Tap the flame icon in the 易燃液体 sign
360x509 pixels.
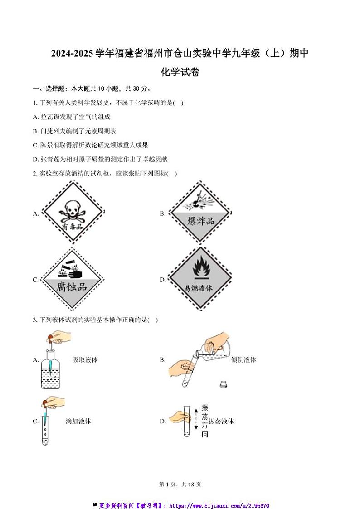point(199,269)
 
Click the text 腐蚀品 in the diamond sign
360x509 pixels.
point(72,286)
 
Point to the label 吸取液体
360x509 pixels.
point(85,360)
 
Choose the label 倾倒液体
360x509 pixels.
point(243,360)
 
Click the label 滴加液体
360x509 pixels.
point(78,421)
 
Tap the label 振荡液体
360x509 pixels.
point(221,421)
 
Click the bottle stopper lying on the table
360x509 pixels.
point(224,384)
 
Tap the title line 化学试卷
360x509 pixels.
point(180,72)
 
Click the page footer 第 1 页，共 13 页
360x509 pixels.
point(180,484)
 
